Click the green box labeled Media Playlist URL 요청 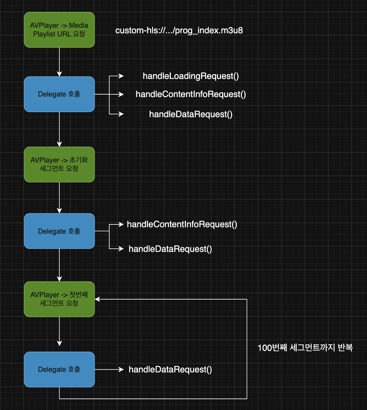pyautogui.click(x=59, y=30)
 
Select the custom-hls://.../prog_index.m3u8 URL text pyautogui.click(x=179, y=31)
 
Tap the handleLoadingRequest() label pyautogui.click(x=191, y=76)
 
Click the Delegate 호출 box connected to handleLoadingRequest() pyautogui.click(x=59, y=94)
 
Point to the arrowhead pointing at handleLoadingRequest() pyautogui.click(x=122, y=76)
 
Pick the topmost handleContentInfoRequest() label pyautogui.click(x=191, y=94)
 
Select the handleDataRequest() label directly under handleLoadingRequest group pyautogui.click(x=191, y=114)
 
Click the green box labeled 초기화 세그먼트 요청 pyautogui.click(x=59, y=164)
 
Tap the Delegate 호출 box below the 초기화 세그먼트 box pyautogui.click(x=59, y=231)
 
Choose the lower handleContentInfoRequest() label pyautogui.click(x=182, y=224)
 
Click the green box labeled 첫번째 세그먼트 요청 pyautogui.click(x=59, y=299)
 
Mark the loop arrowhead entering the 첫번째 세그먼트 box pyautogui.click(x=97, y=299)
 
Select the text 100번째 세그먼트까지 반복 pyautogui.click(x=305, y=348)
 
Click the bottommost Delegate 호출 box pyautogui.click(x=59, y=369)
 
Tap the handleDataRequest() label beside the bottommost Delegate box pyautogui.click(x=170, y=370)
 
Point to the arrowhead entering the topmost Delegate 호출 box pyautogui.click(x=60, y=74)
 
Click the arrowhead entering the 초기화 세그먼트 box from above pyautogui.click(x=60, y=144)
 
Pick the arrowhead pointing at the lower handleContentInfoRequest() pyautogui.click(x=122, y=224)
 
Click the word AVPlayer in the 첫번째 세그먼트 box pyautogui.click(x=45, y=295)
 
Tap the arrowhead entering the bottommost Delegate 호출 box pyautogui.click(x=60, y=343)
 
